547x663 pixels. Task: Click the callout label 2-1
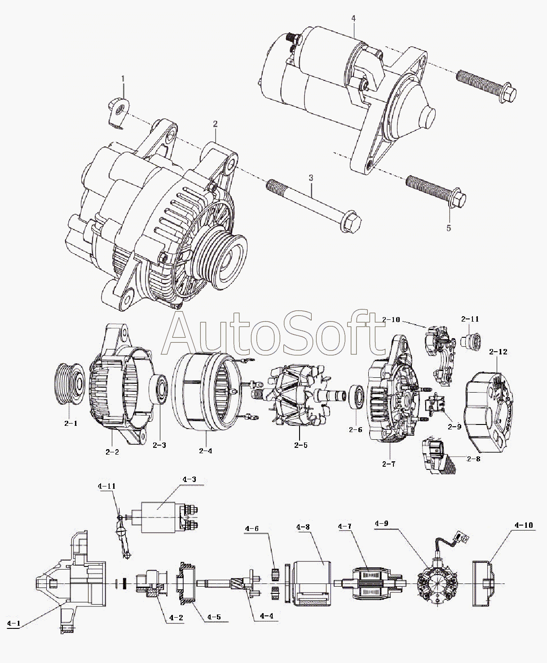point(71,423)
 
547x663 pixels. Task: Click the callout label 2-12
point(497,352)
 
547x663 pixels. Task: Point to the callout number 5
point(449,228)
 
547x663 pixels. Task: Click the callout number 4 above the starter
point(353,18)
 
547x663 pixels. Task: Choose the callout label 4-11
point(107,486)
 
